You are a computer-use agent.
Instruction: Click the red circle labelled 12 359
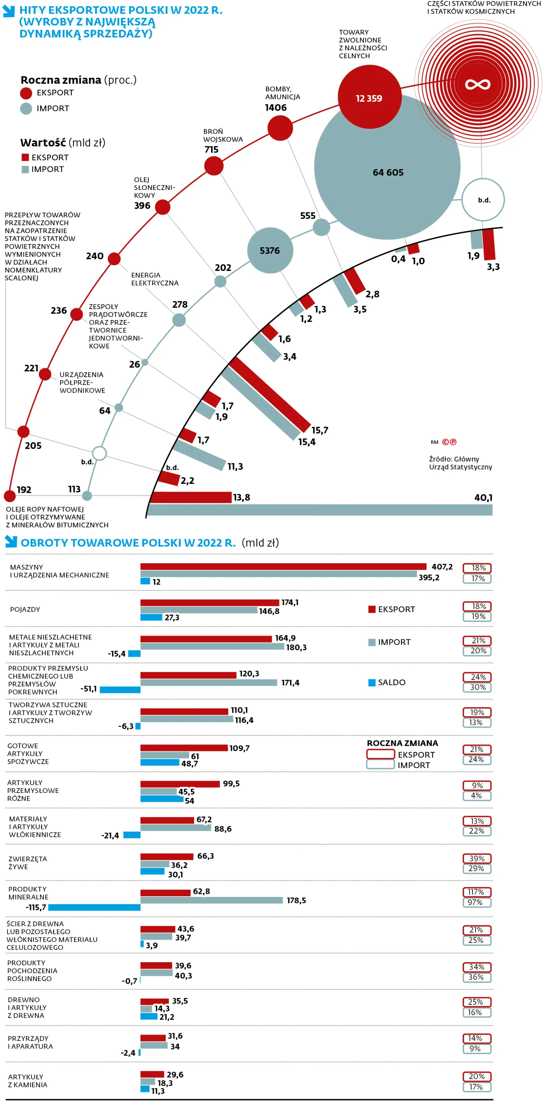coord(369,97)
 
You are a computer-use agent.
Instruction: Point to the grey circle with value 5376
coord(270,250)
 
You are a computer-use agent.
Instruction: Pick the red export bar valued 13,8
coord(190,497)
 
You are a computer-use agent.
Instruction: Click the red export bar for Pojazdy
coord(209,602)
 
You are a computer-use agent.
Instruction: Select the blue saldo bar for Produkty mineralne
coord(94,907)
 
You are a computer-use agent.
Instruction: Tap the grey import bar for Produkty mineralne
coord(211,900)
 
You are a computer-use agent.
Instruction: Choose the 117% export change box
coord(476,892)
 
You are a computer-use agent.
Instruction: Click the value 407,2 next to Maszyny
coord(441,566)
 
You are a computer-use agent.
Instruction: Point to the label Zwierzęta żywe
coord(28,862)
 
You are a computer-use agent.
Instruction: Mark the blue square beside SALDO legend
coord(372,682)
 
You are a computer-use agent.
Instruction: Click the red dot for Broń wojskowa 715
coord(214,166)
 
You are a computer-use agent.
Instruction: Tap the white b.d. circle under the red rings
coord(483,199)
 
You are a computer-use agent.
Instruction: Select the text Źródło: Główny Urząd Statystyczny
coord(460,463)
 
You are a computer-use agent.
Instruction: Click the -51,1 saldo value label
coord(88,689)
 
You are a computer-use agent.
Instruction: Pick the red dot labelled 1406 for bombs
coord(280,128)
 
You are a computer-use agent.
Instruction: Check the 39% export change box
coord(477,858)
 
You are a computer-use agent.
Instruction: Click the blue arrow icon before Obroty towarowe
coord(11,542)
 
